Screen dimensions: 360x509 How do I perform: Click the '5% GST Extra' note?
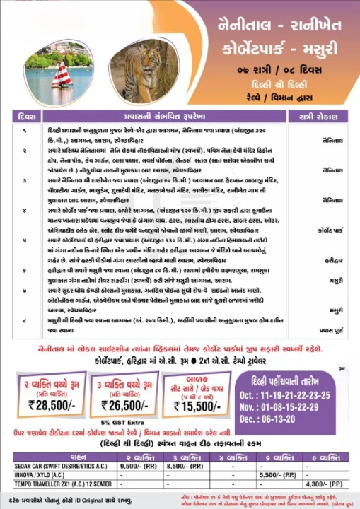tap(129, 421)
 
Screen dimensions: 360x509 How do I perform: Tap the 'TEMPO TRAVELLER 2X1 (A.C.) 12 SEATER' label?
tap(57, 484)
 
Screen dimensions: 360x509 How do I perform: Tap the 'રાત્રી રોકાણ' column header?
tap(315, 114)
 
